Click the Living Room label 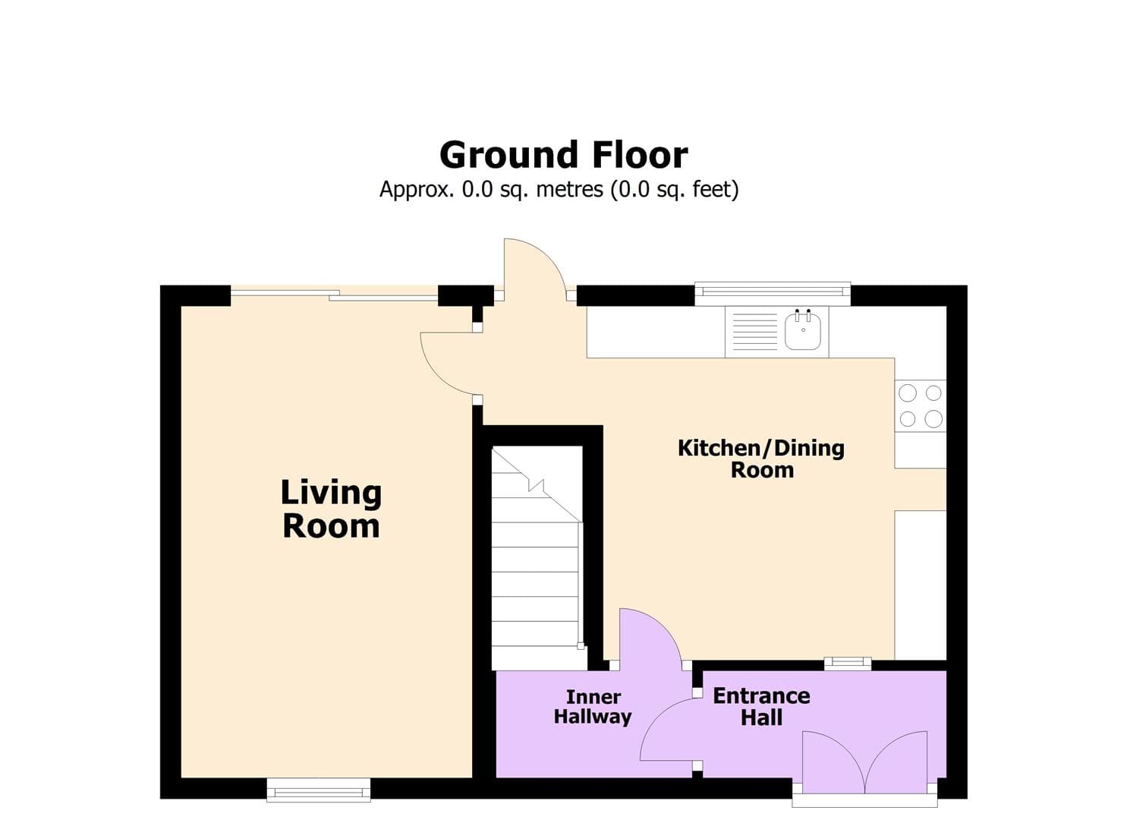point(331,509)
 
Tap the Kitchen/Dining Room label point(761,459)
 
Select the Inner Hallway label point(593,707)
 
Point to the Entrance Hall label point(761,706)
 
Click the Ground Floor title point(563,155)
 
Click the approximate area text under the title point(559,189)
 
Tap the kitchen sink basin point(803,332)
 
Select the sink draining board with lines point(754,332)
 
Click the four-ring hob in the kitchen point(921,405)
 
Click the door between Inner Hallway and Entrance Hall point(668,730)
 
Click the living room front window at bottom point(319,790)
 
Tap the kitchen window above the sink point(772,292)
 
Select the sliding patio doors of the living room point(334,295)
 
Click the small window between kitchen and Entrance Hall point(848,663)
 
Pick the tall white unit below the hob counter point(921,585)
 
